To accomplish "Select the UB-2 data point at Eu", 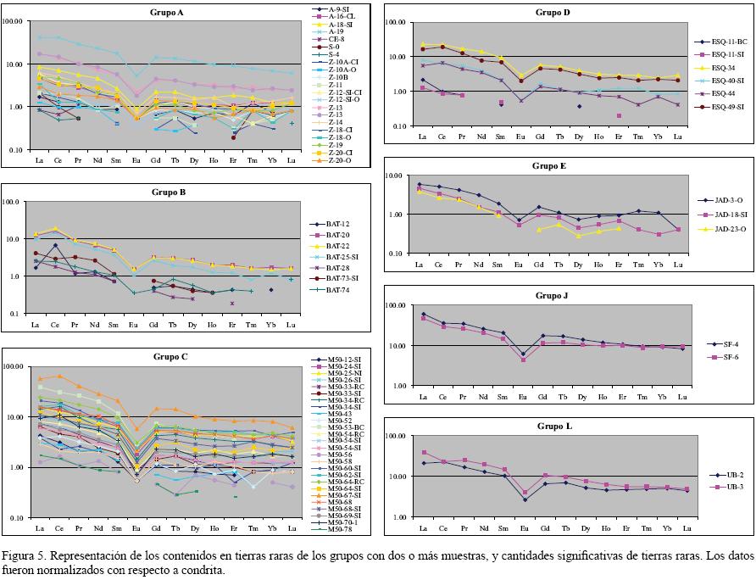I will coord(525,499).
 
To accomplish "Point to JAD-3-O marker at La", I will coord(420,184).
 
